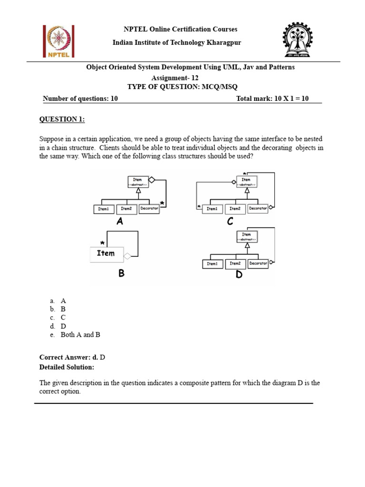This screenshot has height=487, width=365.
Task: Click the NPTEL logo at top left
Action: (57, 41)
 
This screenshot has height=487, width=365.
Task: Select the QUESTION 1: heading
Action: (62, 119)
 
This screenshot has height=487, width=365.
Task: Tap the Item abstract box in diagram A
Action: (137, 181)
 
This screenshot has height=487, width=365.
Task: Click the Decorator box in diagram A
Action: (149, 208)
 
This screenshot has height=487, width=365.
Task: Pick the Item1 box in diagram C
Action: (212, 208)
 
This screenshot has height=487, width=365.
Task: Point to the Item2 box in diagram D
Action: (235, 263)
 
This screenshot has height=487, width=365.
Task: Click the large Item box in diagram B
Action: (106, 253)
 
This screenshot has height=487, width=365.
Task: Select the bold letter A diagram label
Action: (120, 222)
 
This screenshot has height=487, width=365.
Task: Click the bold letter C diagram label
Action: (230, 221)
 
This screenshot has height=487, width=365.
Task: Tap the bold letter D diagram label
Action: (239, 275)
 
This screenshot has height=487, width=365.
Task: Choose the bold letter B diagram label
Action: (122, 273)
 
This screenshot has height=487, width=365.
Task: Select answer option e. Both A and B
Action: (80, 335)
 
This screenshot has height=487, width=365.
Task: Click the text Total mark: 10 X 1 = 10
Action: (272, 98)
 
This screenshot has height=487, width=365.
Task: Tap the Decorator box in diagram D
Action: (258, 263)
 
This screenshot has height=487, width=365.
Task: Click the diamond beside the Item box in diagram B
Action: (127, 257)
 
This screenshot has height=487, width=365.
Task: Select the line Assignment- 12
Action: (174, 78)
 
